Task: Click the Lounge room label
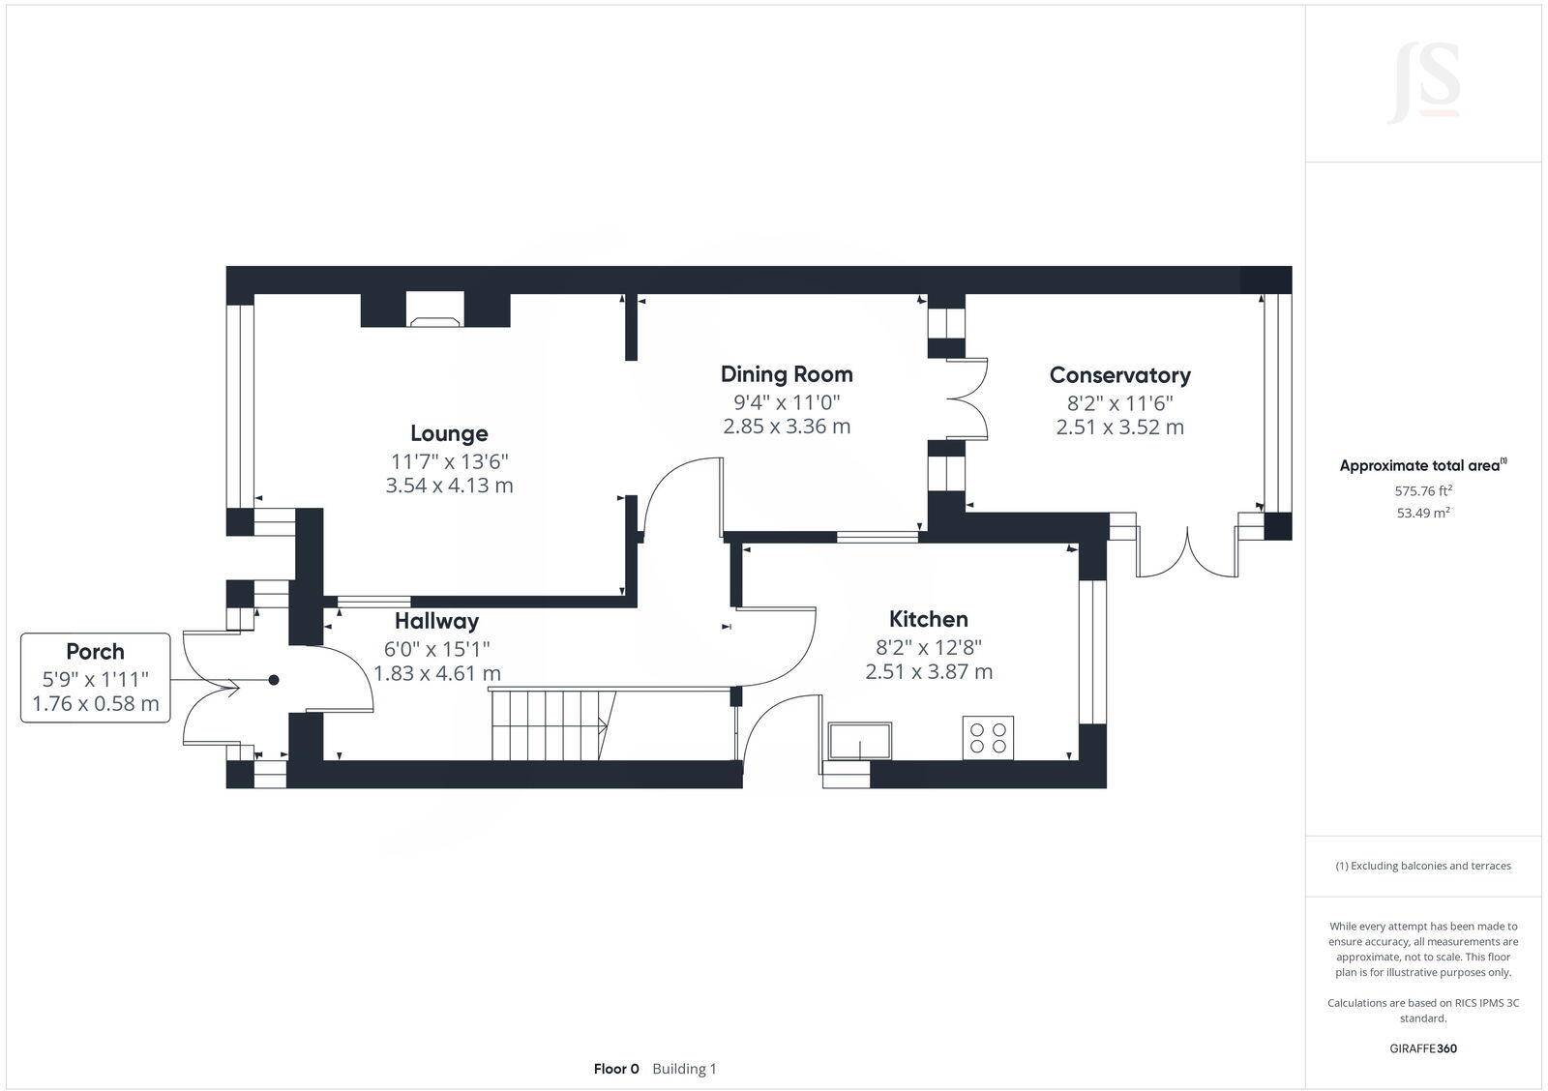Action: pos(449,433)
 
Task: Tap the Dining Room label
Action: pos(787,374)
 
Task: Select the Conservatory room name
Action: pos(1119,375)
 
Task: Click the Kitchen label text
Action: pos(928,619)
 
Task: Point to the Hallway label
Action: pos(436,621)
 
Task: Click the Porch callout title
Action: pos(95,652)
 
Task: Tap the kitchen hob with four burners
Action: pos(988,738)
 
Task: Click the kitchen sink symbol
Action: pos(860,741)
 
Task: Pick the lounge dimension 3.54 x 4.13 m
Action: pos(449,486)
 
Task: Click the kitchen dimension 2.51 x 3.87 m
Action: pos(928,671)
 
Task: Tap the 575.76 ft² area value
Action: pos(1422,490)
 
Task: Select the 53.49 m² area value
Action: pos(1422,513)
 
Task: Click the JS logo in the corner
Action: pos(1423,83)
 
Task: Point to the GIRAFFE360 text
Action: pos(1422,1048)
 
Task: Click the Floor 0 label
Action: pos(616,1069)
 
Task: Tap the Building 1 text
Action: pos(684,1069)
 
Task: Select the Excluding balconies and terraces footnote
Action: pos(1422,866)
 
